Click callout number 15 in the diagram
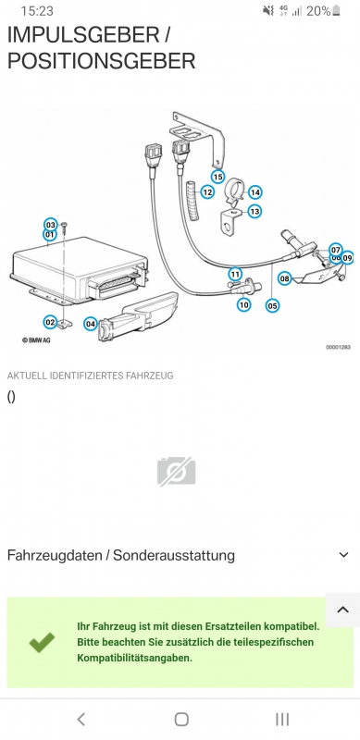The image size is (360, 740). coord(217,177)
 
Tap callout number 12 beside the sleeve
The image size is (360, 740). coord(207,192)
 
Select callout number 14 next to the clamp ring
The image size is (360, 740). coord(254,192)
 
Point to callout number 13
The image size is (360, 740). coord(254,211)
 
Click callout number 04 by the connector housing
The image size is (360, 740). coord(91,324)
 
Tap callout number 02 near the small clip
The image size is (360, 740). coord(50,322)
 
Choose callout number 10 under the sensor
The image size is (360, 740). coord(243,305)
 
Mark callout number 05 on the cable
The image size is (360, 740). coord(272,306)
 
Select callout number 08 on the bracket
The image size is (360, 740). coord(284,278)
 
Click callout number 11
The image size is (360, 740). coord(235,274)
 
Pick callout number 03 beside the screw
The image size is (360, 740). coord(51,225)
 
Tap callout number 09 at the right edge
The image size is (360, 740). coord(347,258)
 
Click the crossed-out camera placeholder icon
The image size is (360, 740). coord(176,471)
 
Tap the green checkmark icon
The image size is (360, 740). coord(42,643)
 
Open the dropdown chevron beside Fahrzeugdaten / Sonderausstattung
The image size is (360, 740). coord(344,555)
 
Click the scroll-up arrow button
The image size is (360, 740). coord(343,610)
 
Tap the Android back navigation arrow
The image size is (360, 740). coord(81,720)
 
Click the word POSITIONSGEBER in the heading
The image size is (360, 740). coord(101,61)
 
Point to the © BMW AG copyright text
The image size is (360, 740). coord(36,339)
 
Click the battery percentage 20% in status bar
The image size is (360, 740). coord(318,11)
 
